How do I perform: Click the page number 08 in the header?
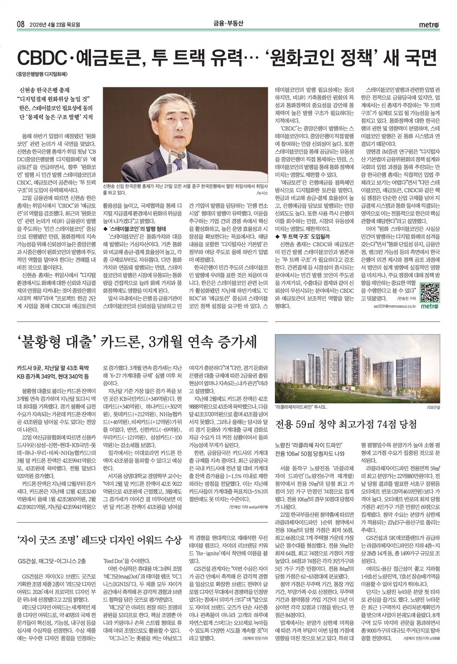(x=20, y=25)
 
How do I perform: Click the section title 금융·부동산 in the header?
(x=228, y=25)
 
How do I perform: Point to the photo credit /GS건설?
(x=433, y=407)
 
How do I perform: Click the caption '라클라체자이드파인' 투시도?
(x=301, y=407)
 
